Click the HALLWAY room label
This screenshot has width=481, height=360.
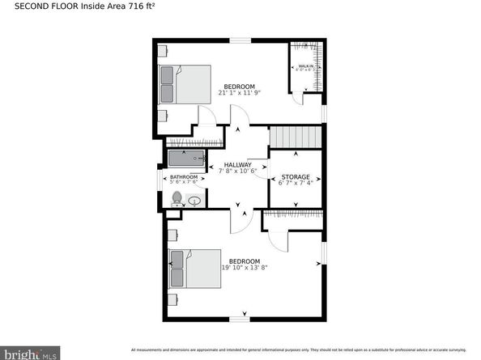coord(239,164)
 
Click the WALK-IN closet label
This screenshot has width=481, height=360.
coord(305,66)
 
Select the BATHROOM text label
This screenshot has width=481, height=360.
coord(183,177)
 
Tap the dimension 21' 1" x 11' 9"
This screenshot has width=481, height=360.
coord(239,93)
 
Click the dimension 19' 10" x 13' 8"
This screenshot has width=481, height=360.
coord(244,268)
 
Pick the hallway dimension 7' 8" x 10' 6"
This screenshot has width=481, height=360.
coord(239,171)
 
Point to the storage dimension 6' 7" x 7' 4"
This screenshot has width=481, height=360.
coord(295,182)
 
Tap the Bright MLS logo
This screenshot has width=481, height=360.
coord(32,354)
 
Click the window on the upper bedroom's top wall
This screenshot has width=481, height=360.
coord(240,40)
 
